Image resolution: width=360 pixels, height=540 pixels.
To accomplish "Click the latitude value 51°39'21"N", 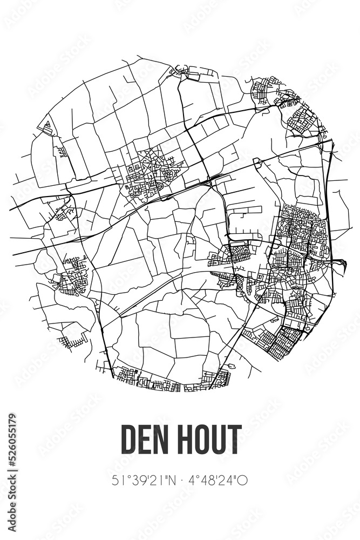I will tap(141, 480).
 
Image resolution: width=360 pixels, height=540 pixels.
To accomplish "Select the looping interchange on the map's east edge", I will tap(339, 265).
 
